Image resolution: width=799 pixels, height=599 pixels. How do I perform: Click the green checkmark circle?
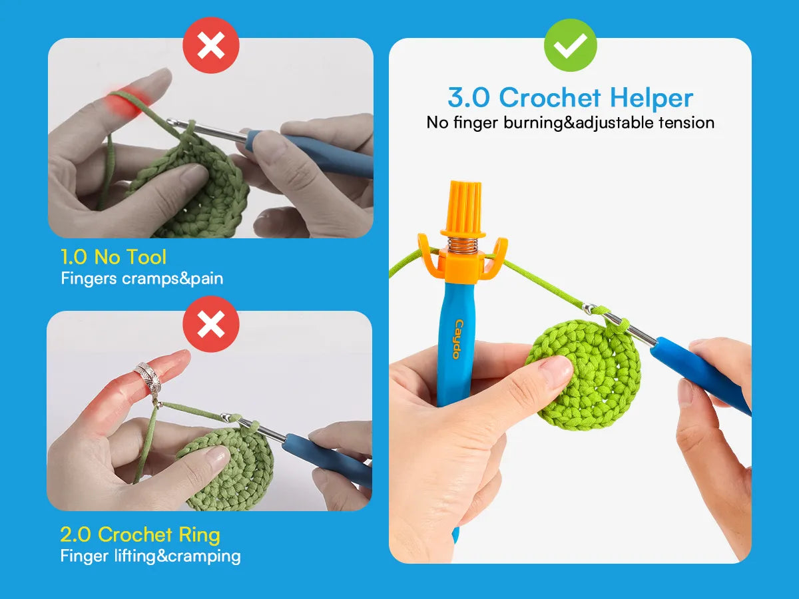[x=571, y=45]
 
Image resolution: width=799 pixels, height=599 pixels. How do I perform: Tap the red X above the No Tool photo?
[x=211, y=45]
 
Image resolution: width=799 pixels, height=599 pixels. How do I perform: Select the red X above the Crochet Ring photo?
[x=211, y=323]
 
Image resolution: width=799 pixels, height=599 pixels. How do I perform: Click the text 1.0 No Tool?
[x=114, y=257]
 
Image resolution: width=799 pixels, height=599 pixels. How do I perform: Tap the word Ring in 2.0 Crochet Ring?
[x=200, y=535]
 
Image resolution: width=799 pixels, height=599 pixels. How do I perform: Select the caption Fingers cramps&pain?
[x=142, y=279]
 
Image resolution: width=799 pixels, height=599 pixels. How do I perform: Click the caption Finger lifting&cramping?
[x=150, y=556]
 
